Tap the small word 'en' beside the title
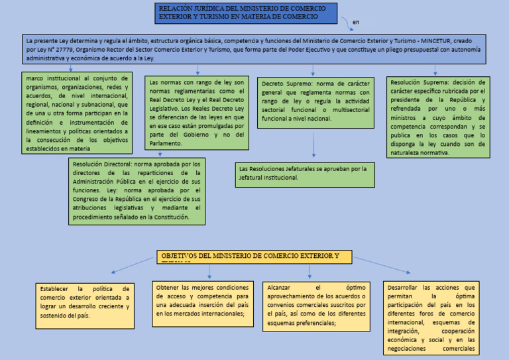(357, 23)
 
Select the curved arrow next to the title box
(346, 24)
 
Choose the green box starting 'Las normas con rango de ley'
(198, 112)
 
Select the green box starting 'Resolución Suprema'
(438, 117)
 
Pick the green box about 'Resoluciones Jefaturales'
(306, 174)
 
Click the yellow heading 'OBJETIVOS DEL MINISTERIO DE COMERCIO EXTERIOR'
(254, 257)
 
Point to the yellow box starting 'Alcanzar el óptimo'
(317, 306)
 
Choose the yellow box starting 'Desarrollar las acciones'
(431, 318)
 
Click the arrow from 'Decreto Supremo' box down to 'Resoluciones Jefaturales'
(313, 146)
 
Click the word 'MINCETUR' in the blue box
(435, 40)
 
